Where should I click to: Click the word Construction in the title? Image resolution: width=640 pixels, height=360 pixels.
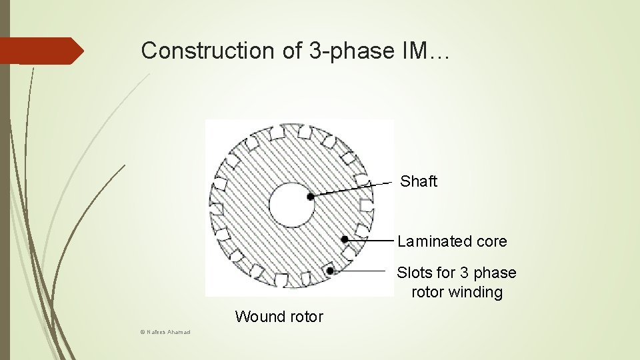pyautogui.click(x=190, y=51)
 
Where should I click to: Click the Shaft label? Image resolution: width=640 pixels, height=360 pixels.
pyautogui.click(x=418, y=181)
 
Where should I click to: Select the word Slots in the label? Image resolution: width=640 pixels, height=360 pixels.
pyautogui.click(x=415, y=273)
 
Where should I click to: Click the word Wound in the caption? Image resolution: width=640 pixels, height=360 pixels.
pyautogui.click(x=257, y=317)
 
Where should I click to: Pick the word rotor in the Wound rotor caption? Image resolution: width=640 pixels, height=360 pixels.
pyautogui.click(x=303, y=317)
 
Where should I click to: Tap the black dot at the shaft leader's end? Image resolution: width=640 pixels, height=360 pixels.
pyautogui.click(x=311, y=197)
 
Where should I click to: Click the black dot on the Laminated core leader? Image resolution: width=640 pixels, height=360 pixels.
pyautogui.click(x=345, y=239)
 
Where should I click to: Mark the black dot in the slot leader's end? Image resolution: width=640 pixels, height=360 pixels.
pyautogui.click(x=330, y=271)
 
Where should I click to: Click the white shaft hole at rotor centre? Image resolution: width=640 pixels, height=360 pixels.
pyautogui.click(x=291, y=205)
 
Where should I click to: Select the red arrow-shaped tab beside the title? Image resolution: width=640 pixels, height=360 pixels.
pyautogui.click(x=40, y=51)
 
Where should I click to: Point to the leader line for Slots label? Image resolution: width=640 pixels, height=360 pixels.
pyautogui.click(x=360, y=271)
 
